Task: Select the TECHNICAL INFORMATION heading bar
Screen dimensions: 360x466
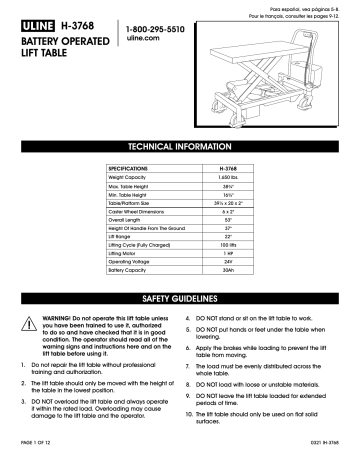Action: point(180,145)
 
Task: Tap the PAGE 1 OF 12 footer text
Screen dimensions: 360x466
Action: point(36,457)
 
